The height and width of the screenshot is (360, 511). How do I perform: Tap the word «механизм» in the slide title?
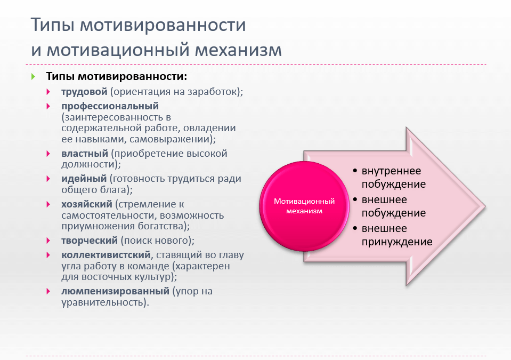pyautogui.click(x=238, y=50)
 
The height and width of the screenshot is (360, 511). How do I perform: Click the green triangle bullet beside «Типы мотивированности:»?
pyautogui.click(x=33, y=77)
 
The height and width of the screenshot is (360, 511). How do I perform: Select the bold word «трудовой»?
pyautogui.click(x=84, y=92)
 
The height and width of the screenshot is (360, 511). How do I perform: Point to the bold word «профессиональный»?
pyautogui.click(x=110, y=106)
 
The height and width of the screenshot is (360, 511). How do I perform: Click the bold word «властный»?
pyautogui.click(x=85, y=153)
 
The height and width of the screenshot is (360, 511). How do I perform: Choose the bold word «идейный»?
pyautogui.click(x=84, y=179)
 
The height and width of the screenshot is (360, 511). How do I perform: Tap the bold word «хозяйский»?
pyautogui.click(x=87, y=204)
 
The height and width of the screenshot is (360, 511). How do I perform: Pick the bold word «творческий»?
pyautogui.click(x=90, y=241)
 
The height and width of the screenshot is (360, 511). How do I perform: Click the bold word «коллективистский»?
pyautogui.click(x=106, y=255)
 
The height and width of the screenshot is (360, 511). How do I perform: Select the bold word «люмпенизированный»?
pyautogui.click(x=116, y=291)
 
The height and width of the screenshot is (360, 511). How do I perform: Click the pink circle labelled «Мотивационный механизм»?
pyautogui.click(x=304, y=206)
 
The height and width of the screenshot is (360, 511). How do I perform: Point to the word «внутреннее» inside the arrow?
pyautogui.click(x=392, y=171)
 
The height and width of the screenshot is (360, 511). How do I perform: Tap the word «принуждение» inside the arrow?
pyautogui.click(x=397, y=242)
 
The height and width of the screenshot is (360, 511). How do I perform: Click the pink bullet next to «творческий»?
pyautogui.click(x=48, y=241)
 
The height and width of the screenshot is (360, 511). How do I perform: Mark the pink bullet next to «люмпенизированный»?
pyautogui.click(x=48, y=291)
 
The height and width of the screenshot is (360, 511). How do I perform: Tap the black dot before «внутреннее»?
pyautogui.click(x=355, y=171)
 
